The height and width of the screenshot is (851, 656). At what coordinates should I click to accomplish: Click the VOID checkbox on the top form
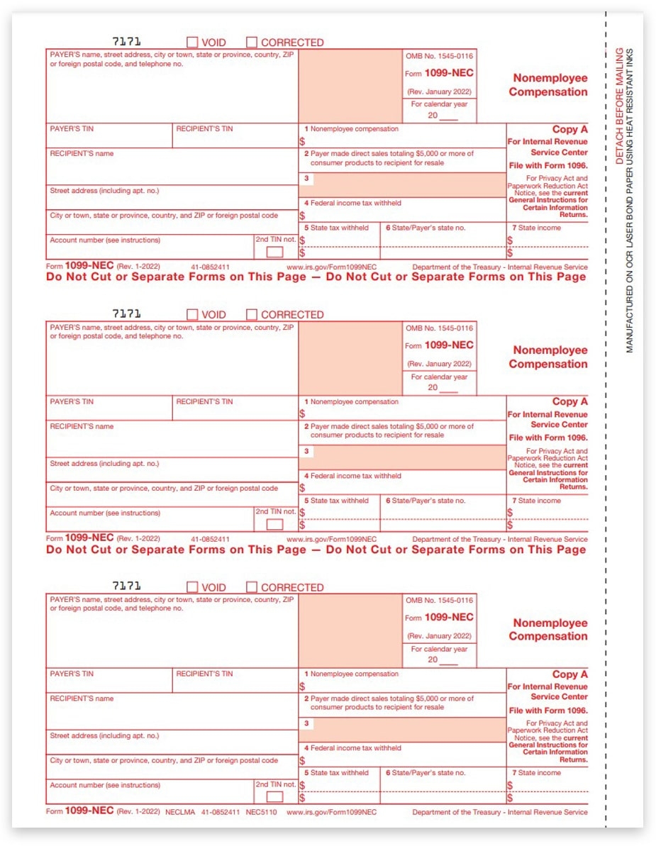coord(192,43)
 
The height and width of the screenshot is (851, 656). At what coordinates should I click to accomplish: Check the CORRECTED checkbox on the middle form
coord(252,315)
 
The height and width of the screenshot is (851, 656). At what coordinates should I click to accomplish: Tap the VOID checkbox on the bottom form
coord(192,587)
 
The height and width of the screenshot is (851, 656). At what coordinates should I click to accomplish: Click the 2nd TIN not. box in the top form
coord(274,252)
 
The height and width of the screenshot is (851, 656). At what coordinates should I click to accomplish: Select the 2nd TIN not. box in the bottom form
coord(274,797)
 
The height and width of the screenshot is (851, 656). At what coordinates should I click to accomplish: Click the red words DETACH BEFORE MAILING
coord(619,106)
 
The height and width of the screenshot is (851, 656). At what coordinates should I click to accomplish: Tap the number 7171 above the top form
coord(127,41)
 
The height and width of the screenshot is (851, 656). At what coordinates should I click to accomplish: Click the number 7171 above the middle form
coord(127,313)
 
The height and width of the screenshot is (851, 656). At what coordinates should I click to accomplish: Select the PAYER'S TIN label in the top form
coord(72,129)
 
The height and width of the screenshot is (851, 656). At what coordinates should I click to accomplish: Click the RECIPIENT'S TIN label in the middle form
coord(204,402)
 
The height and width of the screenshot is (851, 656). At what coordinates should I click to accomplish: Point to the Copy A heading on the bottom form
coord(569,674)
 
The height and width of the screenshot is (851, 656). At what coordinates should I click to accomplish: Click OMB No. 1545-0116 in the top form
coord(440,56)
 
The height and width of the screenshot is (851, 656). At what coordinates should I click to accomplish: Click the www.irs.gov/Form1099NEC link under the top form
coord(332,267)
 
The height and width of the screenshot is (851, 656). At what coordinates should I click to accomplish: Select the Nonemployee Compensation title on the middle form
coord(550,357)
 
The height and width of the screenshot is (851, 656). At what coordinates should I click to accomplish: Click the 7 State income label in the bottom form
coord(536,773)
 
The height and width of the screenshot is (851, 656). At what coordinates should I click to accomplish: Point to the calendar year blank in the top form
coord(449,116)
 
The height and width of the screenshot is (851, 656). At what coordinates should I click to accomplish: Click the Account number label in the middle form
coord(105,513)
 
